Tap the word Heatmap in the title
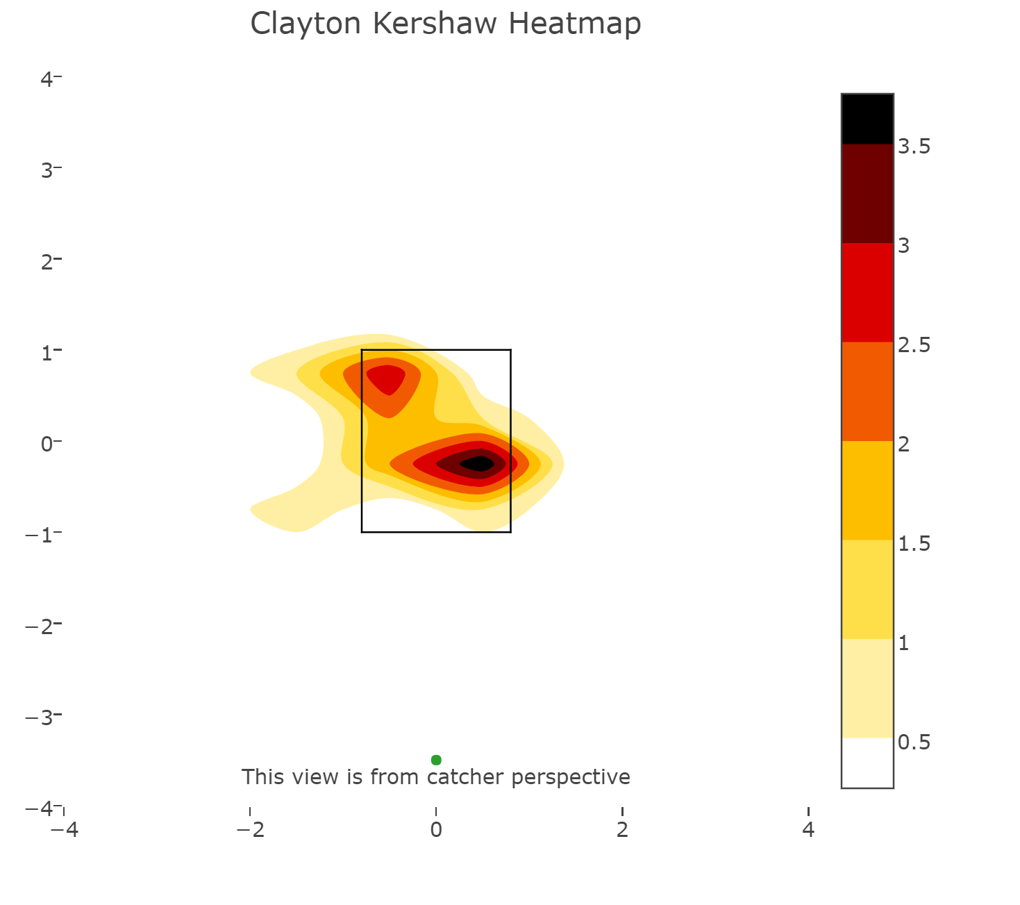(574, 24)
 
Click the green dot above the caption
(436, 760)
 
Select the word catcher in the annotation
(465, 777)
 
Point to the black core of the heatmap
(477, 464)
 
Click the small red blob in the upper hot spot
(386, 379)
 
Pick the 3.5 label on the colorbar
(914, 147)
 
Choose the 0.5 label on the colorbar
(914, 742)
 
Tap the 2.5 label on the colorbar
(914, 345)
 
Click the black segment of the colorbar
(867, 119)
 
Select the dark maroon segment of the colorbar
(867, 194)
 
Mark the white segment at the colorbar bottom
(867, 763)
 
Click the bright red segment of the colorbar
(867, 292)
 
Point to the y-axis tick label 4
(47, 79)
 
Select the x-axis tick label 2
(622, 829)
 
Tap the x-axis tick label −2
(250, 829)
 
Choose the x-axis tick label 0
(436, 829)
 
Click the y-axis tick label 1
(47, 353)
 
